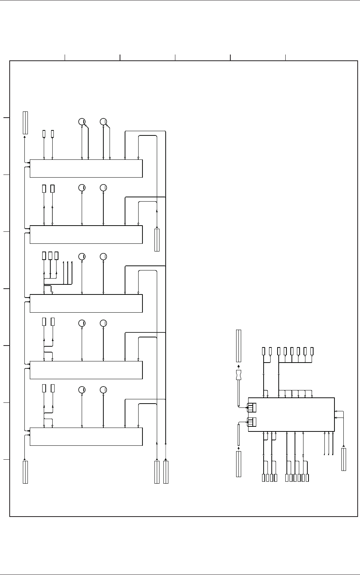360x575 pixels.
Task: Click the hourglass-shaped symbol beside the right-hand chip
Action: [238, 375]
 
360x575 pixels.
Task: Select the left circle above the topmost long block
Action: [82, 122]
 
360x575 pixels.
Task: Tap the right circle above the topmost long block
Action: [103, 122]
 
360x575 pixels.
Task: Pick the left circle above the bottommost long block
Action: [82, 390]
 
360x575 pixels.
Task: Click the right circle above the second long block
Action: [103, 188]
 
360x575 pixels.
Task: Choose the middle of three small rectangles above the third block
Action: [50, 255]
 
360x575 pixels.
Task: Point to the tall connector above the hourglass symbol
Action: [238, 346]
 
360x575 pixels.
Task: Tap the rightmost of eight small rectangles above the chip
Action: [312, 351]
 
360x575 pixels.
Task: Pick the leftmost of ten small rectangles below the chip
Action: [264, 477]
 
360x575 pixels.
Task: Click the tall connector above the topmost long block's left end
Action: [25, 123]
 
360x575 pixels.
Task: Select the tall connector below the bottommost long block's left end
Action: [25, 472]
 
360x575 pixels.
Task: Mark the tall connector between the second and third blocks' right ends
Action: [157, 240]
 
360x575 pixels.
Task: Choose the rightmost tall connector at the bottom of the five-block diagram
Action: [166, 472]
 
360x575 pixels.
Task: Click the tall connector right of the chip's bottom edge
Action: [344, 459]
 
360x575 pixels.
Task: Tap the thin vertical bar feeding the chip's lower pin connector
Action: [238, 435]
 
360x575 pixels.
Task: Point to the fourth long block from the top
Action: [86, 370]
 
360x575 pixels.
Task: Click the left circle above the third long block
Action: [82, 257]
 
